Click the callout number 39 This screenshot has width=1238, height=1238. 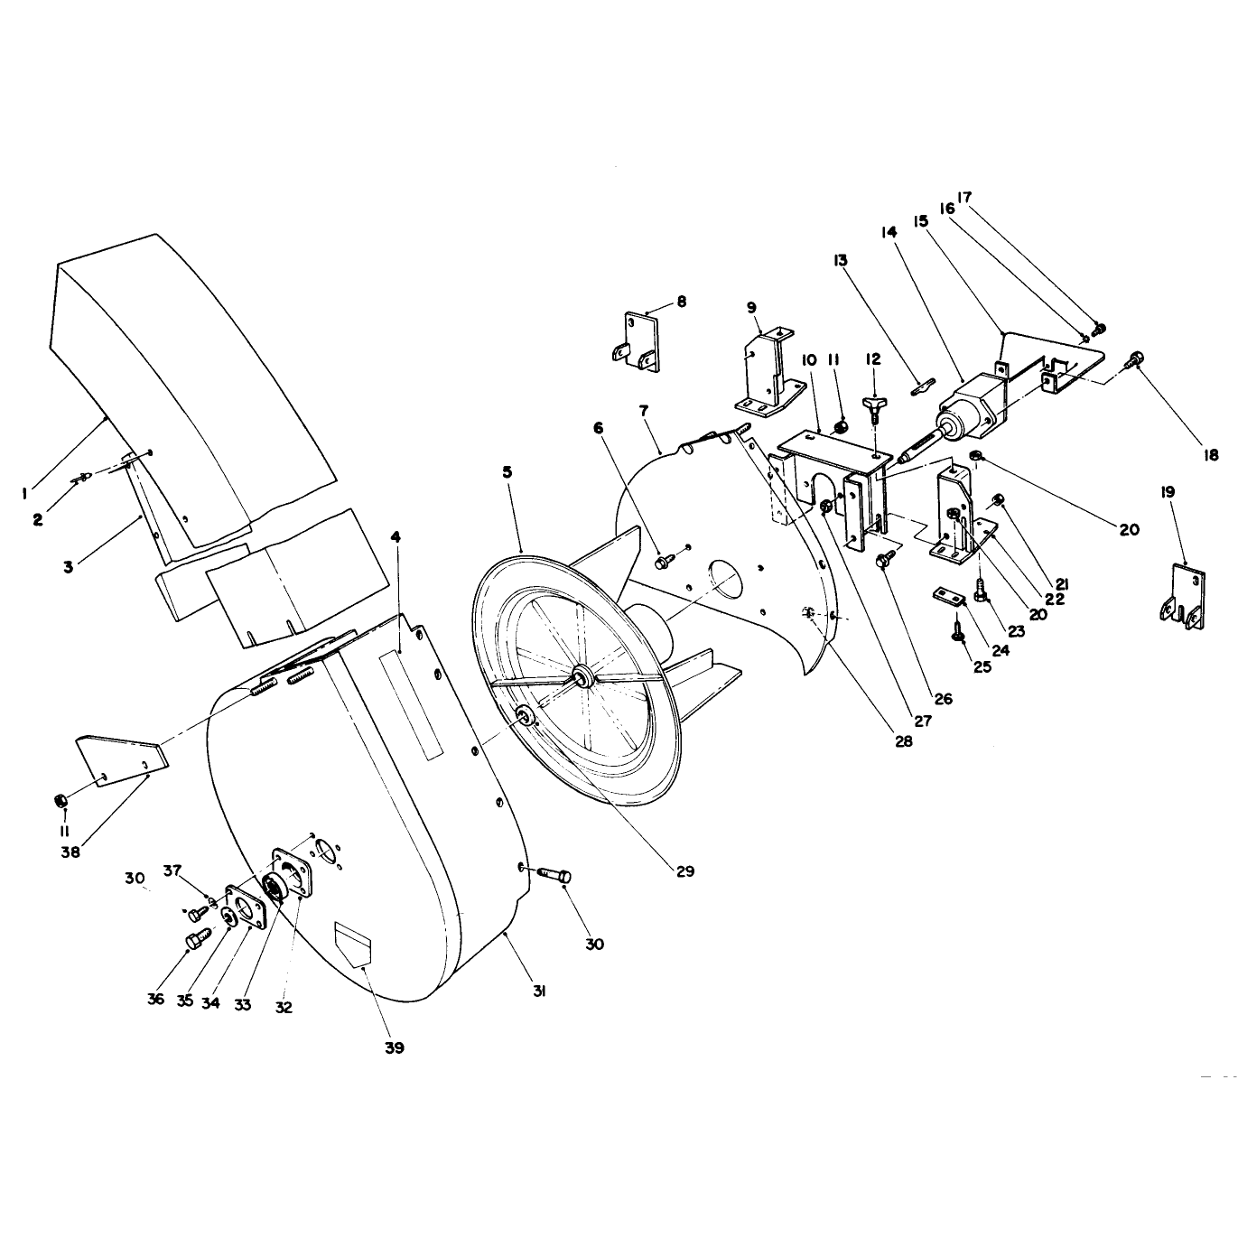tap(395, 1047)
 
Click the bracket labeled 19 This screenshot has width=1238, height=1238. tap(1184, 596)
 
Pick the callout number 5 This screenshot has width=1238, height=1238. tap(507, 472)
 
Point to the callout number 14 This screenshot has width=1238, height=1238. tap(889, 233)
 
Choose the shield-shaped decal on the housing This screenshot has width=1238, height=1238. tap(352, 943)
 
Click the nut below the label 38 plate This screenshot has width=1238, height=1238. tap(61, 800)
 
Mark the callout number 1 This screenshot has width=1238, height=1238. tap(23, 493)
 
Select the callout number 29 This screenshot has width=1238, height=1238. tap(685, 871)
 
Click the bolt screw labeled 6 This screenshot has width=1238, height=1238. tap(663, 563)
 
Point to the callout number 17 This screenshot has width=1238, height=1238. tap(964, 197)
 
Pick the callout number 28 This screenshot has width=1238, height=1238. tap(903, 740)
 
